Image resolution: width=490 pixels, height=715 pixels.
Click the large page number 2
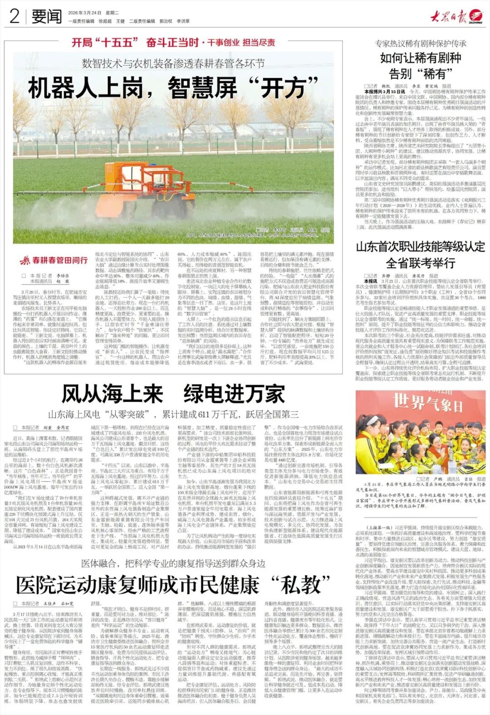click(15, 16)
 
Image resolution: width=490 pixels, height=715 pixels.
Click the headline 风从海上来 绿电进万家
click(173, 394)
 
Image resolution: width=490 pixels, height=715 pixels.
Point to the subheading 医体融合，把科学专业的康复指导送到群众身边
click(173, 564)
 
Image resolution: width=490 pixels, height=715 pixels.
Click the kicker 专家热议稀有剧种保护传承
click(421, 44)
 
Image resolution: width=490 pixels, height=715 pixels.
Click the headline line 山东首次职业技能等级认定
click(421, 247)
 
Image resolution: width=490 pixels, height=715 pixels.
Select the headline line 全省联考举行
click(421, 263)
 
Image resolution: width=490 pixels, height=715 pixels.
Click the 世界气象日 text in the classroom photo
click(421, 402)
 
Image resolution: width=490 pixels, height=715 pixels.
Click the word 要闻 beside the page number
click(47, 17)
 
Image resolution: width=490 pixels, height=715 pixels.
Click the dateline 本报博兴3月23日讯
click(380, 92)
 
